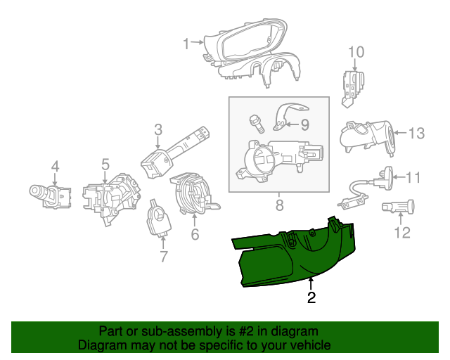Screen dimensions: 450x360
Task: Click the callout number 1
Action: pyautogui.click(x=186, y=44)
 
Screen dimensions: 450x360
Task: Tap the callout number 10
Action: pyautogui.click(x=356, y=51)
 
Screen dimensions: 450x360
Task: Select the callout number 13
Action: pyautogui.click(x=417, y=132)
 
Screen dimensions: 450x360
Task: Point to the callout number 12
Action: pyautogui.click(x=402, y=233)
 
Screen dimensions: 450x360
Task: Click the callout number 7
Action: pyautogui.click(x=164, y=257)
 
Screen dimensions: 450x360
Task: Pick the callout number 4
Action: pyautogui.click(x=55, y=167)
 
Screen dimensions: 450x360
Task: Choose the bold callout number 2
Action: pyautogui.click(x=311, y=297)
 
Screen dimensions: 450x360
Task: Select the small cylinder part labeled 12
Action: pyautogui.click(x=397, y=208)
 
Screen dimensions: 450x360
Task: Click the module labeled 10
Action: pyautogui.click(x=352, y=84)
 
